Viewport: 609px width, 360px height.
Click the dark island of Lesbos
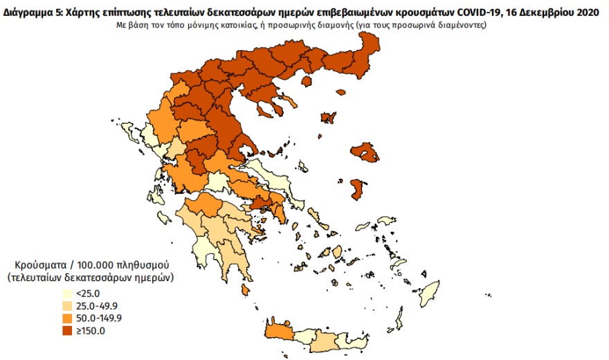click(x=363, y=151)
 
